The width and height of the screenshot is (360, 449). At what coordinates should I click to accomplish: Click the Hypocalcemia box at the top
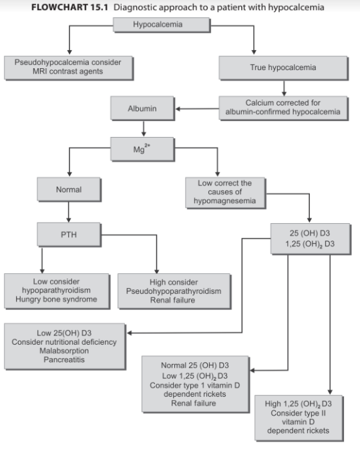pos(162,25)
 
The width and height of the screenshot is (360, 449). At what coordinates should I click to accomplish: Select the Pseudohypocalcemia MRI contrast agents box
pos(68,68)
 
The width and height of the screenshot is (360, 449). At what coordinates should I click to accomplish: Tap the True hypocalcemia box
pos(283,68)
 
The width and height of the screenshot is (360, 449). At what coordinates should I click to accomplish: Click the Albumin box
pos(142,108)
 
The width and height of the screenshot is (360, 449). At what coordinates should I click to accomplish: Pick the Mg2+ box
pos(142,149)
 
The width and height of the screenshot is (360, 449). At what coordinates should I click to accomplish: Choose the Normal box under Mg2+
pos(69,190)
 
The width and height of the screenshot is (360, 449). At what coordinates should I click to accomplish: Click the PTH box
pos(69,235)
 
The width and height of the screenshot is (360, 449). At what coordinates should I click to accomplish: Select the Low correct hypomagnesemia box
pos(225,192)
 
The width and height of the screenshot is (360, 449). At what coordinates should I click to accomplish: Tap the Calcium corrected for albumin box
pos(283,108)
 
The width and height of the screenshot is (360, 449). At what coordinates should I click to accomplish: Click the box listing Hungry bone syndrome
pos(57,291)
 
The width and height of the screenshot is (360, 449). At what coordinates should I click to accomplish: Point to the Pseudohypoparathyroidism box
pos(174,291)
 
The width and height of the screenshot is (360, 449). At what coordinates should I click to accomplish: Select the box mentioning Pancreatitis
pos(65,347)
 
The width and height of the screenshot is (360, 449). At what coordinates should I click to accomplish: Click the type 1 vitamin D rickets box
pos(196,384)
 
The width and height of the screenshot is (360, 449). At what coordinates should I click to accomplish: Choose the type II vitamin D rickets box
pos(299,418)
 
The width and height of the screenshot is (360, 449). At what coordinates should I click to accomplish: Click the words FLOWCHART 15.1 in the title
pos(69,7)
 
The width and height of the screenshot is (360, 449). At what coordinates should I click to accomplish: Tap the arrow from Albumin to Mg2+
pos(144,128)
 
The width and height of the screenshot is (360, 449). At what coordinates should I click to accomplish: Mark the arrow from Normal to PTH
pos(68,212)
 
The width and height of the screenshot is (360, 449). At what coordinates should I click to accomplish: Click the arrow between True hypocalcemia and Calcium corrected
pos(284,88)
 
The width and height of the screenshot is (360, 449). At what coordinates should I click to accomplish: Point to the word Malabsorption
pos(64,351)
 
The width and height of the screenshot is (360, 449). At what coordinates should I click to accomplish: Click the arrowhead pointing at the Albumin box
pos(178,109)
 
